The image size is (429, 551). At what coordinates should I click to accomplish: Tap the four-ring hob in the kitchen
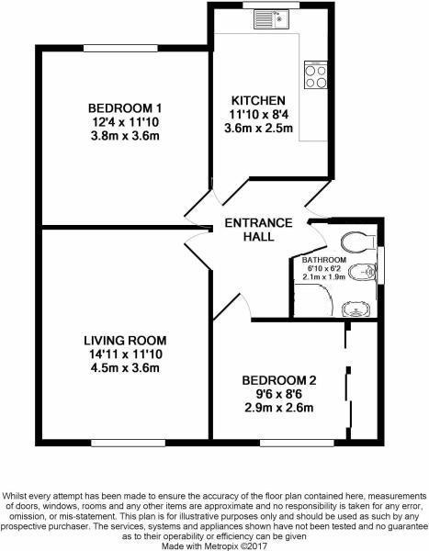coord(316,74)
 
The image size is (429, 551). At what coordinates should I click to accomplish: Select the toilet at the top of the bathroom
coord(353,241)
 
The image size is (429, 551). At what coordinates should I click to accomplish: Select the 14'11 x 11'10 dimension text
coord(117,354)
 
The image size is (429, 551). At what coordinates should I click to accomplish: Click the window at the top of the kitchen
coord(272,6)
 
